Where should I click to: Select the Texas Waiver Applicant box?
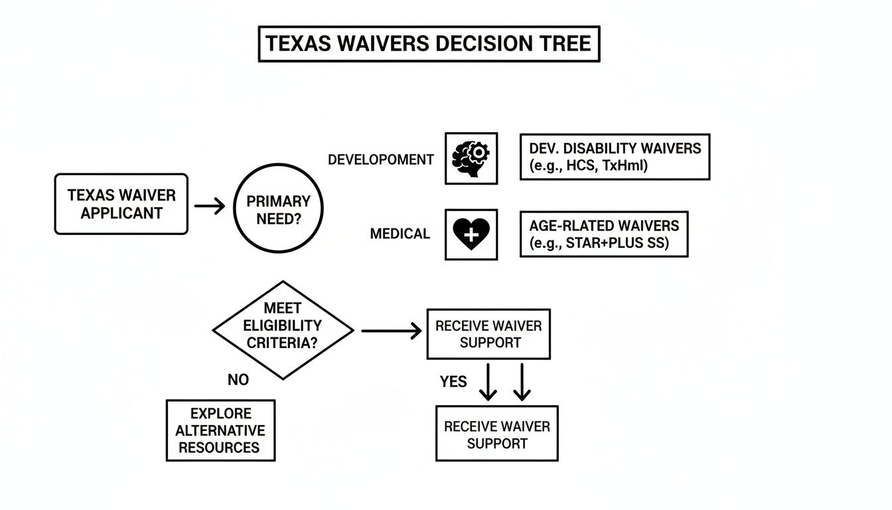pos(121,205)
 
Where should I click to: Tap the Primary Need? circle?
pos(279,209)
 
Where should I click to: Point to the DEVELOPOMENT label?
pos(380,159)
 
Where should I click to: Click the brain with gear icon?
pos(471,158)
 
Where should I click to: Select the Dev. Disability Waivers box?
pos(615,157)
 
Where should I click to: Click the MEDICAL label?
pos(400,234)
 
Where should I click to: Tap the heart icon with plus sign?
pos(471,234)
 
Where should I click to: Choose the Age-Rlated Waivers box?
pos(603,234)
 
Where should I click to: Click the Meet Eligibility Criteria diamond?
pos(283,326)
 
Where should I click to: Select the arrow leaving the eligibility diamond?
pos(391,330)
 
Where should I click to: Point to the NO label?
pos(238,380)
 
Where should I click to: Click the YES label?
pos(453,382)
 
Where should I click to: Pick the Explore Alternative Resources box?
pos(220,430)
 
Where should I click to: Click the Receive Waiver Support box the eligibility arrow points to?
pos(488,334)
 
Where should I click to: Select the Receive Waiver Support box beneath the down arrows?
pos(496,434)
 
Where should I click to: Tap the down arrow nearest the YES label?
pos(488,382)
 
